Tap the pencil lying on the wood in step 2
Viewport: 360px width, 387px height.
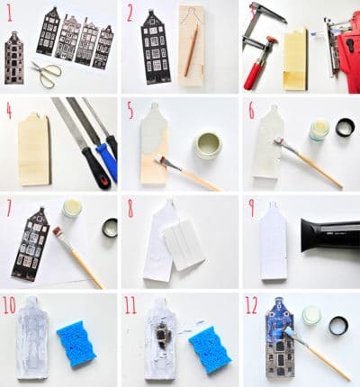(x=191, y=50)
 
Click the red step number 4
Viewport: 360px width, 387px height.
(x=9, y=111)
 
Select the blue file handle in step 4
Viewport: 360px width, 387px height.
(x=107, y=161)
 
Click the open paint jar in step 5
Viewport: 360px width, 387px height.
(x=208, y=146)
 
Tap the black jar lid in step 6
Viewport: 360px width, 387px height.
(x=345, y=127)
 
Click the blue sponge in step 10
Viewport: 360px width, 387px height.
(x=76, y=344)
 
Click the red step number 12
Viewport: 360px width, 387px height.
(x=252, y=305)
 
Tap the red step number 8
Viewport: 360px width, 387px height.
(x=130, y=209)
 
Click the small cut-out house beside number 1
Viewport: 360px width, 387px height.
(x=13, y=58)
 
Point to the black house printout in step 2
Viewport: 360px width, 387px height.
(x=155, y=47)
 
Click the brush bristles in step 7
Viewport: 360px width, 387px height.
(x=58, y=233)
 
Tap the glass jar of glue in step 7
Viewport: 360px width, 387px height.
(x=72, y=208)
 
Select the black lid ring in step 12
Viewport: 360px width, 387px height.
(x=338, y=326)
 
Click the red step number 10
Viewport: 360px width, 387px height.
(x=9, y=305)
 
